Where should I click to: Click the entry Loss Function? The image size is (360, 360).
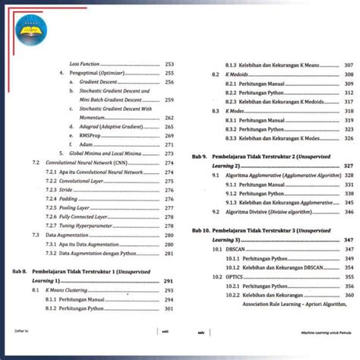[85, 64]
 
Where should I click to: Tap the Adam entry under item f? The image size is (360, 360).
[85, 144]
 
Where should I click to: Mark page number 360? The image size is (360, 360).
[349, 295]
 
